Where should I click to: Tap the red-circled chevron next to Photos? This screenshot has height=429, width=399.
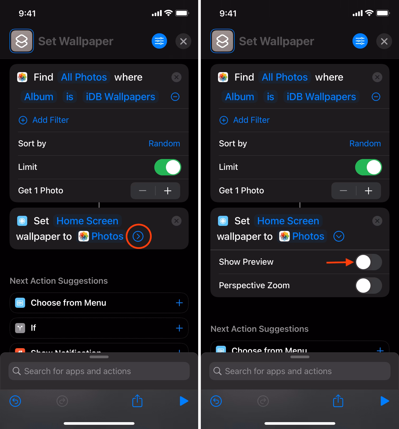click(138, 236)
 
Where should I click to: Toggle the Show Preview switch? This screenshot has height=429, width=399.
click(368, 262)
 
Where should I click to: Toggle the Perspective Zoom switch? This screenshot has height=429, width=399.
click(368, 286)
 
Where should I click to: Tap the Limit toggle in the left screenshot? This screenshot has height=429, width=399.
click(168, 167)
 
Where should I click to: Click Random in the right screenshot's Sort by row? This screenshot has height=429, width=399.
click(365, 143)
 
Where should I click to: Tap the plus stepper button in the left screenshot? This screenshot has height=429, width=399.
click(168, 191)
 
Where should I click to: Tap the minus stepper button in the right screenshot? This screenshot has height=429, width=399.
click(343, 191)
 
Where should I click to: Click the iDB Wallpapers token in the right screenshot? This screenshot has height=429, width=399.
click(321, 97)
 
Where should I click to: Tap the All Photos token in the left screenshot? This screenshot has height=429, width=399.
click(84, 77)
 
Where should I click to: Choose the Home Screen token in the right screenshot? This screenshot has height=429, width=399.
click(288, 221)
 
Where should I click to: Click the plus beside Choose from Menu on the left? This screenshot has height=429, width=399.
click(179, 303)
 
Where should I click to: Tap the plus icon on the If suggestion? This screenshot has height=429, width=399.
click(179, 328)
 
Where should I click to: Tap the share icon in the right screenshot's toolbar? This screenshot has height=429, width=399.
click(338, 401)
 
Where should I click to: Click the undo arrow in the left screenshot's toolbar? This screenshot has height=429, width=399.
click(15, 401)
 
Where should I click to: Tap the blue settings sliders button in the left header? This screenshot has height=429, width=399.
click(159, 41)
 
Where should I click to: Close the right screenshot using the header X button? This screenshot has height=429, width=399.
click(384, 41)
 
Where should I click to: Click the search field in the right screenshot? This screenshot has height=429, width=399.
click(300, 371)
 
